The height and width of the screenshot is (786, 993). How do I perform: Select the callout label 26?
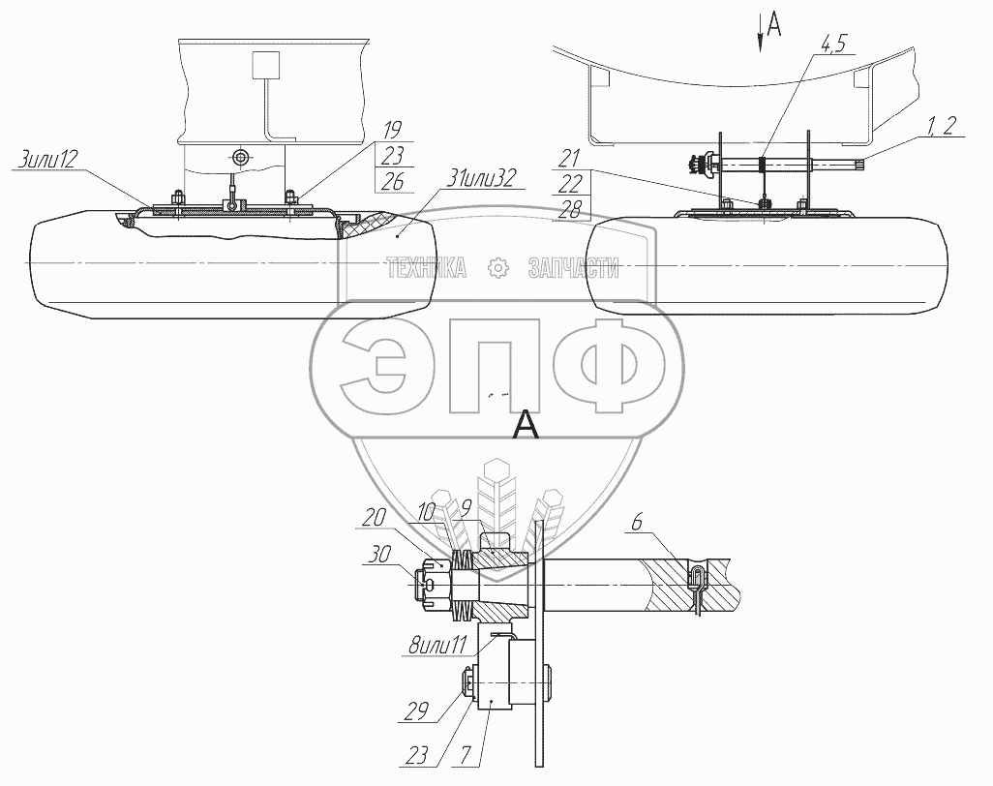[x=393, y=182]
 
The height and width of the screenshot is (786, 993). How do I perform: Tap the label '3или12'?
[x=46, y=159]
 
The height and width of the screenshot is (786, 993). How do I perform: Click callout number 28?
[x=569, y=210]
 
